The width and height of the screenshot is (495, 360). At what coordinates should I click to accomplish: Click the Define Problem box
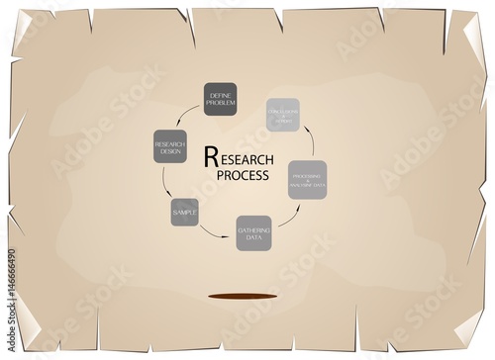pos(220,99)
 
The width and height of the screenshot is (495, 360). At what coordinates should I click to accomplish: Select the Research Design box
pos(170,147)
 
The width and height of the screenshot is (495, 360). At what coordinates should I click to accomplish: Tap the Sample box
pos(184,212)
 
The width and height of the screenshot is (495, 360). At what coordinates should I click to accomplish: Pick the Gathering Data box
pos(253,233)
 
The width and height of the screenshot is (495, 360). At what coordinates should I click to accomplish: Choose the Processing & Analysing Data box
pos(307,179)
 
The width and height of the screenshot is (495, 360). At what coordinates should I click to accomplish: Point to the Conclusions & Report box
pos(282,115)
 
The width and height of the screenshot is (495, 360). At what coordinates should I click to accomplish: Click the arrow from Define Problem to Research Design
pos(188,118)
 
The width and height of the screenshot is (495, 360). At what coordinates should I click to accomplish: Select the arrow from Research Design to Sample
pos(166,184)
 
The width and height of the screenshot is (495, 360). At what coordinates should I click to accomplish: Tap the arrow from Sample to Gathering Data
pos(213,231)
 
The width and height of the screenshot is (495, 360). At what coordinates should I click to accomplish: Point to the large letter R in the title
pos(209,156)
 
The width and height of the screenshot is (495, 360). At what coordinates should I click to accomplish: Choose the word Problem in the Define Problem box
pos(220,103)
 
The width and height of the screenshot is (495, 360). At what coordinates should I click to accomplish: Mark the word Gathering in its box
pos(253,229)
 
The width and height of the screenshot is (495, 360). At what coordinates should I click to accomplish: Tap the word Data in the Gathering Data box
pos(253,237)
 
